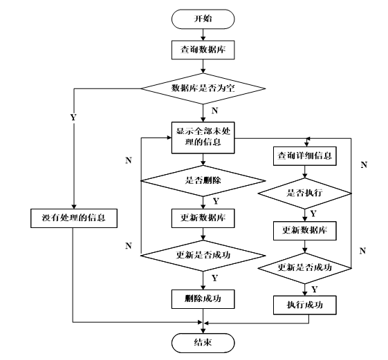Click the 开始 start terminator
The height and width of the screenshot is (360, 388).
(x=203, y=19)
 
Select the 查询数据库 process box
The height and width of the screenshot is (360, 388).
(x=203, y=50)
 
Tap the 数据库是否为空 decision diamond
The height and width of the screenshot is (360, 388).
(x=203, y=88)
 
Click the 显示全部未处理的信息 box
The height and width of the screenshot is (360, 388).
(x=203, y=138)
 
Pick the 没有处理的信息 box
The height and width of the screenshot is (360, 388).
(x=74, y=218)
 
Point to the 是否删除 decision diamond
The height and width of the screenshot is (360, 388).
(x=203, y=181)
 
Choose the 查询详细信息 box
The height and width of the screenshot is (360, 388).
(x=304, y=156)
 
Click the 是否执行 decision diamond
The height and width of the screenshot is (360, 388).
(x=304, y=193)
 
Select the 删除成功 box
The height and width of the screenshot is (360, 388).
(x=203, y=299)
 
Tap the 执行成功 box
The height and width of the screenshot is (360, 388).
(x=304, y=305)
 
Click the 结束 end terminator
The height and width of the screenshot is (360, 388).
(x=203, y=343)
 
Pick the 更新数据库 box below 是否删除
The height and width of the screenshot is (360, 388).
(x=203, y=218)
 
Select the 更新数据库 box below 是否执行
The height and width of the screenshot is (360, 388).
(x=304, y=231)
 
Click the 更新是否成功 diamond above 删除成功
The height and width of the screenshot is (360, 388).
(x=203, y=256)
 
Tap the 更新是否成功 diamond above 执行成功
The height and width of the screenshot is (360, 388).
(x=304, y=268)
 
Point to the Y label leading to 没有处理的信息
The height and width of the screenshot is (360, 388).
(x=73, y=117)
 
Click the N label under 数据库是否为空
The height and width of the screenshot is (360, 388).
(x=215, y=111)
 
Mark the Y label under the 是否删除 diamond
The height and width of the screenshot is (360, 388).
(x=216, y=201)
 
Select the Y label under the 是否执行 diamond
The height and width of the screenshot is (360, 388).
(x=313, y=214)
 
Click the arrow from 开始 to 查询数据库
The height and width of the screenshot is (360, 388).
(x=203, y=35)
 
